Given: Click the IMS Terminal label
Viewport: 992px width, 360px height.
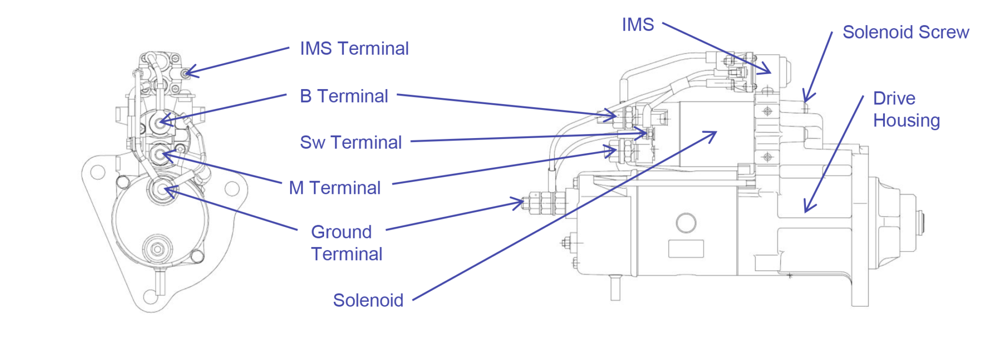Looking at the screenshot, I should click(x=354, y=49).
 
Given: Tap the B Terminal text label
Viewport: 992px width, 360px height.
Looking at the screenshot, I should click(x=343, y=96).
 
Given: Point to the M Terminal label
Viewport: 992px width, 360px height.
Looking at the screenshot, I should click(x=334, y=188).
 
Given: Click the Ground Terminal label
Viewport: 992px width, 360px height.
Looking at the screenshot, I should click(x=346, y=243).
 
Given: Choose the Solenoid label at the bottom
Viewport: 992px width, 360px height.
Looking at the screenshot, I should click(x=368, y=300).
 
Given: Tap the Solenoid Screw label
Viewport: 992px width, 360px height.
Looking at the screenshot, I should click(x=905, y=32).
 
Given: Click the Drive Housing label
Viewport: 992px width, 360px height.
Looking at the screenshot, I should click(x=906, y=110).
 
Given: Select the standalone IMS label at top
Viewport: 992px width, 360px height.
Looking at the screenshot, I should click(x=637, y=25).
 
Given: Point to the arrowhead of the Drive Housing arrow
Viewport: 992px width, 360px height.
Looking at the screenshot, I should click(x=807, y=209).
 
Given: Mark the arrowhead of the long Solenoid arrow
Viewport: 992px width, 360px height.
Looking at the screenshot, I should click(x=714, y=133).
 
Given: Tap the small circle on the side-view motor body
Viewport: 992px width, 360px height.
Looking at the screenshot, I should click(x=686, y=223).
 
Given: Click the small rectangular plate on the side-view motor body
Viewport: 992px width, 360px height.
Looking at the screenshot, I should click(x=686, y=249).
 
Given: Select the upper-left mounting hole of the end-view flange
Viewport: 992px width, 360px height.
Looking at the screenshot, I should click(x=98, y=172).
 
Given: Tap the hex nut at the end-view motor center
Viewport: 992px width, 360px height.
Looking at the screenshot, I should click(x=157, y=249).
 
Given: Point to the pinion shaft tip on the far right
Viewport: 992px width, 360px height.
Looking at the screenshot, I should click(x=920, y=223).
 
